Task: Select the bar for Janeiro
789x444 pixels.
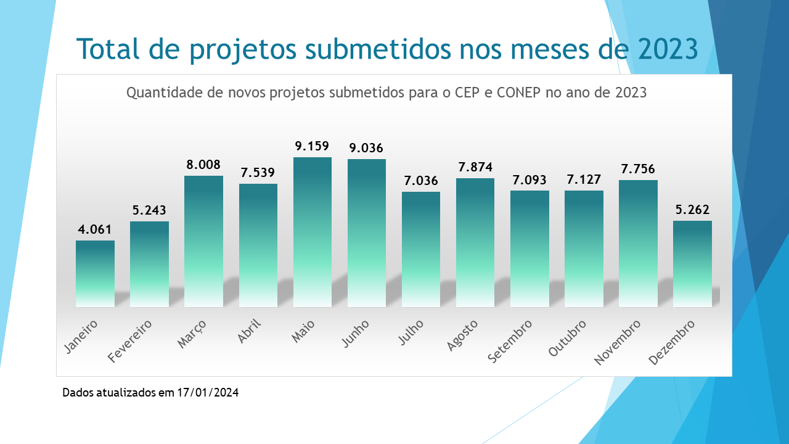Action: pyautogui.click(x=95, y=274)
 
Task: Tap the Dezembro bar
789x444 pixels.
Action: pyautogui.click(x=692, y=264)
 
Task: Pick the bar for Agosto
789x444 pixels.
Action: pyautogui.click(x=475, y=242)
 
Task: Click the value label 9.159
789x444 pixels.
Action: pyautogui.click(x=312, y=147)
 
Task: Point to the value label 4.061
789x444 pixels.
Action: pyautogui.click(x=95, y=230)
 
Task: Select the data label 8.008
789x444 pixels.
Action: pyautogui.click(x=203, y=165)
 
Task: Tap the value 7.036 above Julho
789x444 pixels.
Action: pyautogui.click(x=421, y=181)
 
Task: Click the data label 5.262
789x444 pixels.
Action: pyautogui.click(x=692, y=210)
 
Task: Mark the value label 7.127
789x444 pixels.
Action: pyautogui.click(x=584, y=179)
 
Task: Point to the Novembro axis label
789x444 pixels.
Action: pyautogui.click(x=618, y=342)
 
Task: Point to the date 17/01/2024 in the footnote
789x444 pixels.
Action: pyautogui.click(x=208, y=392)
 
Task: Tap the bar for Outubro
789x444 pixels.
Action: pyautogui.click(x=584, y=249)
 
